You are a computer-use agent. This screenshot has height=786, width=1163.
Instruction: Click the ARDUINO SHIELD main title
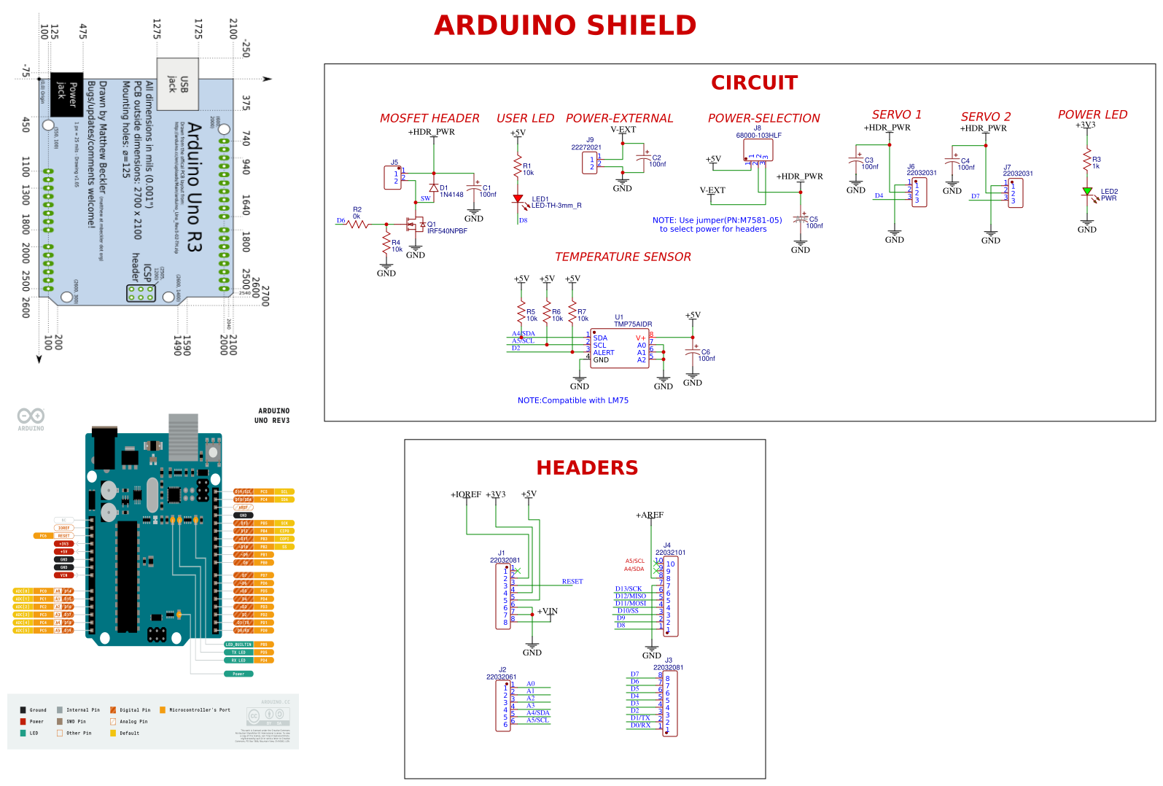565,26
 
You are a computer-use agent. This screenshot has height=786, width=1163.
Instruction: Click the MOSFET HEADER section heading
429,118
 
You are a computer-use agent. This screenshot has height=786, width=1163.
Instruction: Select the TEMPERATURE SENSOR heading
623,257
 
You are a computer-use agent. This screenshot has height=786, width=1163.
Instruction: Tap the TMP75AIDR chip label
633,324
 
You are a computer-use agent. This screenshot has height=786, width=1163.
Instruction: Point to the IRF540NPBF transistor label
447,231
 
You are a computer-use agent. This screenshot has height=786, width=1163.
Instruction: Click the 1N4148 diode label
451,195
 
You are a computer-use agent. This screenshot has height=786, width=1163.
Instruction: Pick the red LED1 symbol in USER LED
518,198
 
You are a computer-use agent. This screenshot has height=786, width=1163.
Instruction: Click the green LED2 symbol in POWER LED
1087,192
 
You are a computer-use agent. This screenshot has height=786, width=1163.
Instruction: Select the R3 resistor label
1097,159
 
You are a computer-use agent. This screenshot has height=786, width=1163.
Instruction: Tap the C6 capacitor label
706,352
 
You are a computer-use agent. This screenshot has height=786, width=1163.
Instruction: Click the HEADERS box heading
587,468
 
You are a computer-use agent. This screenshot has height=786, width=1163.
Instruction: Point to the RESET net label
572,582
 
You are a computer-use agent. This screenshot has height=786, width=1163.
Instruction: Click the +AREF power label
650,515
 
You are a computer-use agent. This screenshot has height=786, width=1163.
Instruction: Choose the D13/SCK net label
629,589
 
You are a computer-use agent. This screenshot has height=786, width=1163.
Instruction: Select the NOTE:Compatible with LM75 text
573,400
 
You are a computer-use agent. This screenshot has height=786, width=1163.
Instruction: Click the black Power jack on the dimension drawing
66,94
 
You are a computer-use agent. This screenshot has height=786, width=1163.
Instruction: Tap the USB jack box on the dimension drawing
178,84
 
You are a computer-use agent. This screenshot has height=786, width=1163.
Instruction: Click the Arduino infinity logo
31,416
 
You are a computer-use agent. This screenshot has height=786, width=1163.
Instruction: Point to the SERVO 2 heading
986,117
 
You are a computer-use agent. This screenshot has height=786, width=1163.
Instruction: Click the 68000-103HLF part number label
758,136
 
